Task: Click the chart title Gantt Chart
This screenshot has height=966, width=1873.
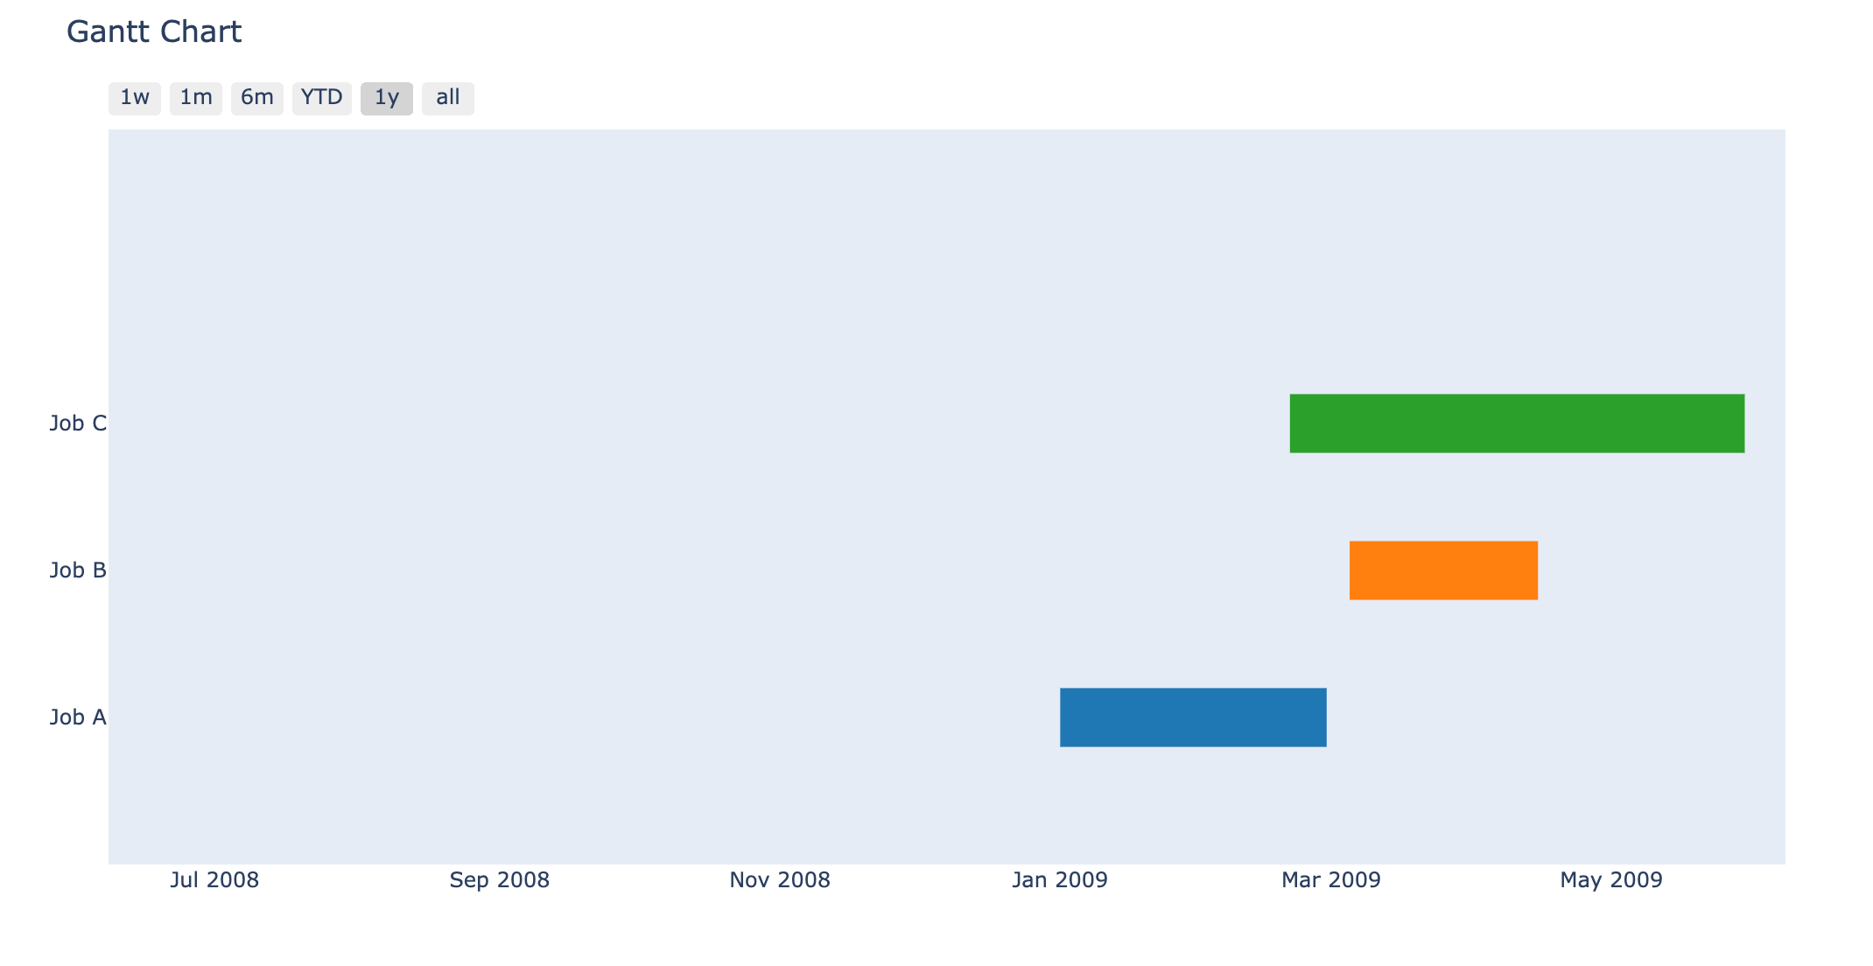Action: click(x=154, y=32)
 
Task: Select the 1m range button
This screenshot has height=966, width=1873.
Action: click(x=196, y=98)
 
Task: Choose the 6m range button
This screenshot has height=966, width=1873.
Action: click(x=257, y=98)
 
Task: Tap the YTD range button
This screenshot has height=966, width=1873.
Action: click(x=322, y=98)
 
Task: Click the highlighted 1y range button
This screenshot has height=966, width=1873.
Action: click(x=387, y=98)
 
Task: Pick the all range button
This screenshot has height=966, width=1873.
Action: click(x=448, y=98)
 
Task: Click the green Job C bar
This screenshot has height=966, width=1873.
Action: click(x=1517, y=423)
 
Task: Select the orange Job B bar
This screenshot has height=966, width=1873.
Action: click(x=1443, y=570)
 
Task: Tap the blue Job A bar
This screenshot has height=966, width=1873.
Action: click(x=1193, y=717)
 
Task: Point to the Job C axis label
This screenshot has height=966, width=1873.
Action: click(x=78, y=423)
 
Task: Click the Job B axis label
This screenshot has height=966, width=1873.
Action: click(x=78, y=570)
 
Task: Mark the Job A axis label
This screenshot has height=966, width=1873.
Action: click(x=78, y=717)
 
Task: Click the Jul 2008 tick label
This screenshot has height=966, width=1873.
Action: click(x=214, y=880)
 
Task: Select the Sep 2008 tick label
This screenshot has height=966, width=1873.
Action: click(x=500, y=880)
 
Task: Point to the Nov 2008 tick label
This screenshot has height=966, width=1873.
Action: click(x=780, y=880)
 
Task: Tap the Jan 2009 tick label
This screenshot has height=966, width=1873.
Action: click(x=1060, y=880)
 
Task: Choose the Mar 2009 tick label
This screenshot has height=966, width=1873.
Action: click(x=1331, y=880)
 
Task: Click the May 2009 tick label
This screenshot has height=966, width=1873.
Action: click(x=1611, y=880)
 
